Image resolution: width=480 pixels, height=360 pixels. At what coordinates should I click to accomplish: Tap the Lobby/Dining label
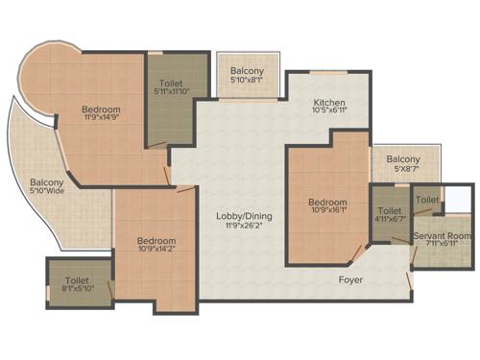233,216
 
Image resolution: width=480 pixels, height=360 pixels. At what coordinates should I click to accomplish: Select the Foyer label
349,280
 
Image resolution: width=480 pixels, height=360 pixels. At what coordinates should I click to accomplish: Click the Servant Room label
442,235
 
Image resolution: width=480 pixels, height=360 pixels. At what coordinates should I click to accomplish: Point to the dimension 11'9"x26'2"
233,227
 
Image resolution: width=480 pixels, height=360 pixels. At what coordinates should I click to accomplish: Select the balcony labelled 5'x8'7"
403,164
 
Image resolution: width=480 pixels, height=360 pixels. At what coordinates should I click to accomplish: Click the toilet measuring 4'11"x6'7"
389,215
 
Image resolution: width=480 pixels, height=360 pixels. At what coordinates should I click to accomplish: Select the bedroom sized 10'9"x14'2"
156,245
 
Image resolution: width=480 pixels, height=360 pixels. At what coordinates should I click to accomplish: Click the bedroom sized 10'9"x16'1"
327,206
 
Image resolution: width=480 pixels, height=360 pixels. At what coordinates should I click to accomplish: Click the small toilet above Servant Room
428,200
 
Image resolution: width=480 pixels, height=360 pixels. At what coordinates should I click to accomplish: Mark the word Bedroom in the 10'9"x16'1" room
327,202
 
